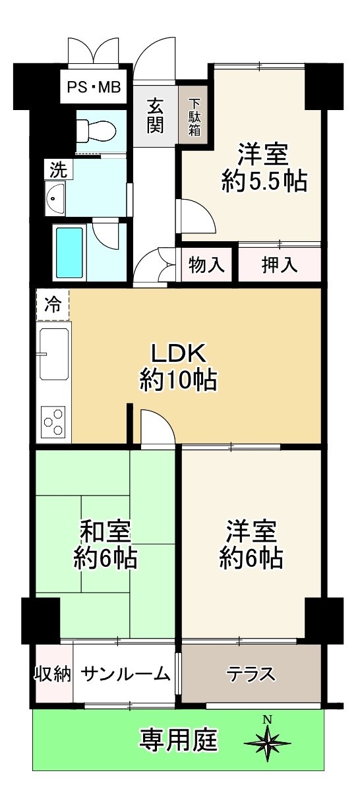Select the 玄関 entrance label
(155, 115)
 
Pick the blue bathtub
(69, 252)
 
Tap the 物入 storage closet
(206, 265)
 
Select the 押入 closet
(280, 265)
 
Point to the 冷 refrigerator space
(52, 304)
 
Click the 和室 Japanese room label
(105, 531)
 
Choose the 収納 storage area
(53, 674)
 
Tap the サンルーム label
(126, 674)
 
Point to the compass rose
(267, 742)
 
